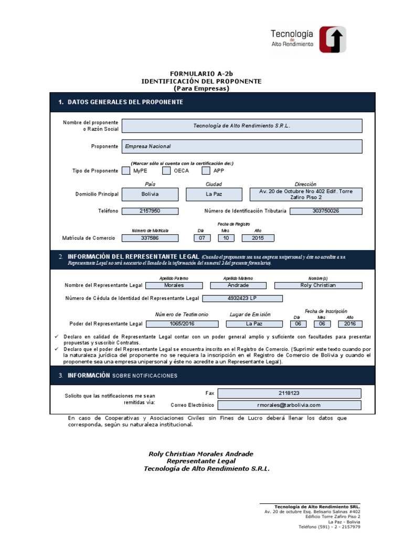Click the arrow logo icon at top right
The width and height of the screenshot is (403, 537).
coord(333,39)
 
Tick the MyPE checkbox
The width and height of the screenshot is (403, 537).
coord(126,170)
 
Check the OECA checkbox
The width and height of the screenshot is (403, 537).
coord(166,170)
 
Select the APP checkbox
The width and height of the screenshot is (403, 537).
coord(206,170)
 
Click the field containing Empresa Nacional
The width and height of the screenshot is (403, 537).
coord(241,146)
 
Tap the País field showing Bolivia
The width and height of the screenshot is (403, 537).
coord(150,194)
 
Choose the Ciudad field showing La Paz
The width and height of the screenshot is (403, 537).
coord(214,194)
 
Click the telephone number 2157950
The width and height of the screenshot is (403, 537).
coord(150,211)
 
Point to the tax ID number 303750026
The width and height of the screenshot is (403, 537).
coord(325,211)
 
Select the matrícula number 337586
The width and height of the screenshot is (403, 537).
coord(150,238)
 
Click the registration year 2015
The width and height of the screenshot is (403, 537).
coord(258,238)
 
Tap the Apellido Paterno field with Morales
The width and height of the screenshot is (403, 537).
coord(174,285)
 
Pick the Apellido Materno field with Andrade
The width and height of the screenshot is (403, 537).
coord(239,285)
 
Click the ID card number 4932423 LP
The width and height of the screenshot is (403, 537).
coord(242,298)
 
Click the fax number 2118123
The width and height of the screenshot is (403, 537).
coord(289,393)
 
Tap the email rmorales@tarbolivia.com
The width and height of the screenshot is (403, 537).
coord(289,405)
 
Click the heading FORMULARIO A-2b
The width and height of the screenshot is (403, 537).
coord(201,74)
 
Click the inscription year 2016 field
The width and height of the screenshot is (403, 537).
coord(350,324)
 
